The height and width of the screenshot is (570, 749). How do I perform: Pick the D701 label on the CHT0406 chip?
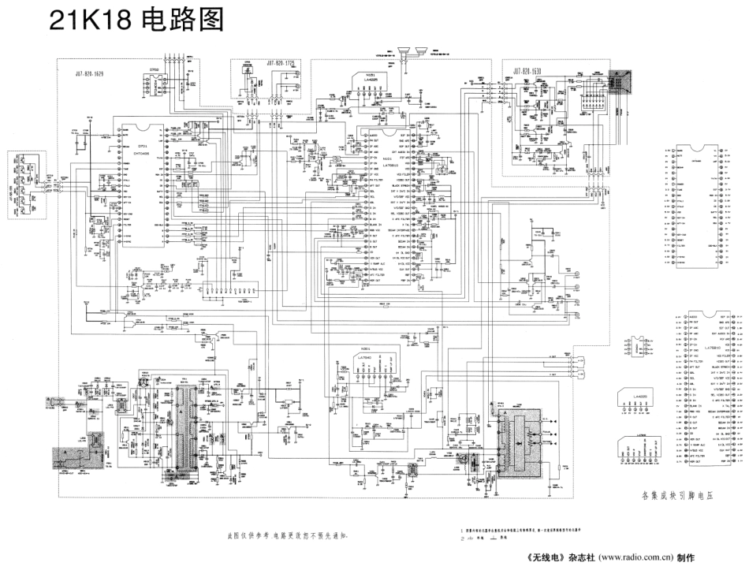[x=143, y=147]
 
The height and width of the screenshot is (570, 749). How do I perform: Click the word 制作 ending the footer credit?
[x=684, y=557]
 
